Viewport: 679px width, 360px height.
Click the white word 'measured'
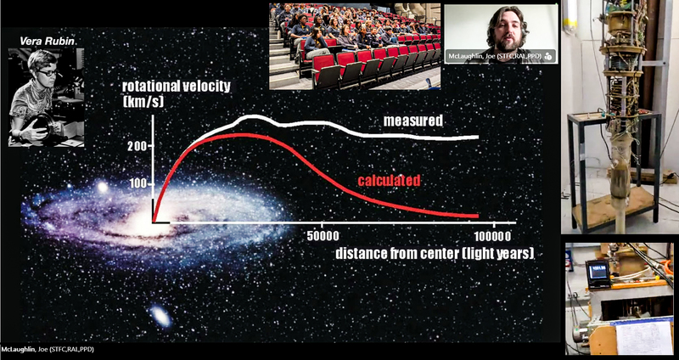[412, 121]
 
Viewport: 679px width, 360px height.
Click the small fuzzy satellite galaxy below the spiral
[159, 318]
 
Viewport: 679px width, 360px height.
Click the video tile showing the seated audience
[355, 46]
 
